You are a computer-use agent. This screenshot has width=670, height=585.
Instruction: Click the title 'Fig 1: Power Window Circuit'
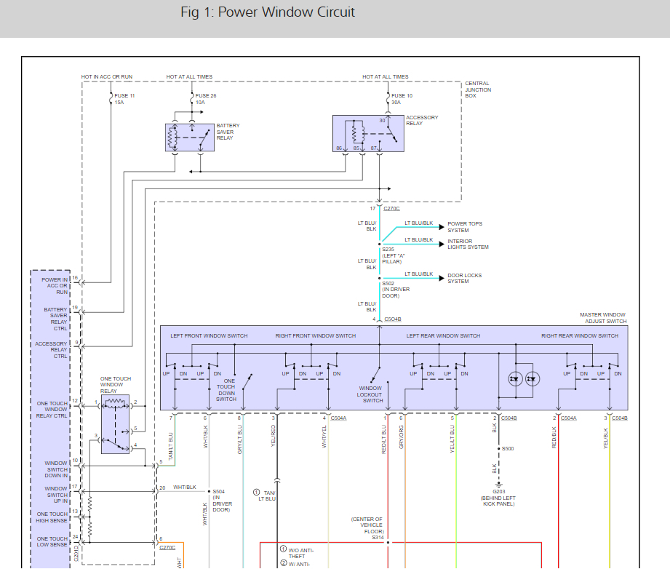[268, 13]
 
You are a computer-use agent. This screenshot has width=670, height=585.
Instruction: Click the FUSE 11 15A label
[124, 99]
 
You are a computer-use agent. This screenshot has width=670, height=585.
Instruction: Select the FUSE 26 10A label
[206, 99]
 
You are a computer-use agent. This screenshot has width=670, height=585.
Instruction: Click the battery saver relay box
[190, 138]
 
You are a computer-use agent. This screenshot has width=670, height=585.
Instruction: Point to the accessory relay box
[368, 134]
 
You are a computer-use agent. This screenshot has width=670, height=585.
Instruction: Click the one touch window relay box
[115, 424]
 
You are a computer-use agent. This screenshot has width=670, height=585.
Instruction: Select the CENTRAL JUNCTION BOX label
[478, 89]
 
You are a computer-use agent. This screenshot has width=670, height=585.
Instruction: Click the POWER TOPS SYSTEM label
[464, 227]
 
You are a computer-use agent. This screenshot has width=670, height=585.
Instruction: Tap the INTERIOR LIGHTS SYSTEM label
[468, 244]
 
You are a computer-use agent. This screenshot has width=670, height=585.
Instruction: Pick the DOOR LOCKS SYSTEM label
[464, 279]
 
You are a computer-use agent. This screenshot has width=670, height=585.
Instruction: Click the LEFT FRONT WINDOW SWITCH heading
[209, 335]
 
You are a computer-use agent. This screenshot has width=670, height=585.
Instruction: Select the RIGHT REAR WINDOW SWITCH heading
[580, 335]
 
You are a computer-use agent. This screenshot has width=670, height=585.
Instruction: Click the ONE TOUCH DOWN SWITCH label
[226, 390]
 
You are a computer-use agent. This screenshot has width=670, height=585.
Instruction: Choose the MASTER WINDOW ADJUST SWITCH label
[603, 318]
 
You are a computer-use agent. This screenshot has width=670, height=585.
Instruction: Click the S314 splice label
[378, 538]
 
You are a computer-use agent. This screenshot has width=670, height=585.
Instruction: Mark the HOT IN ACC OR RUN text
[107, 76]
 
